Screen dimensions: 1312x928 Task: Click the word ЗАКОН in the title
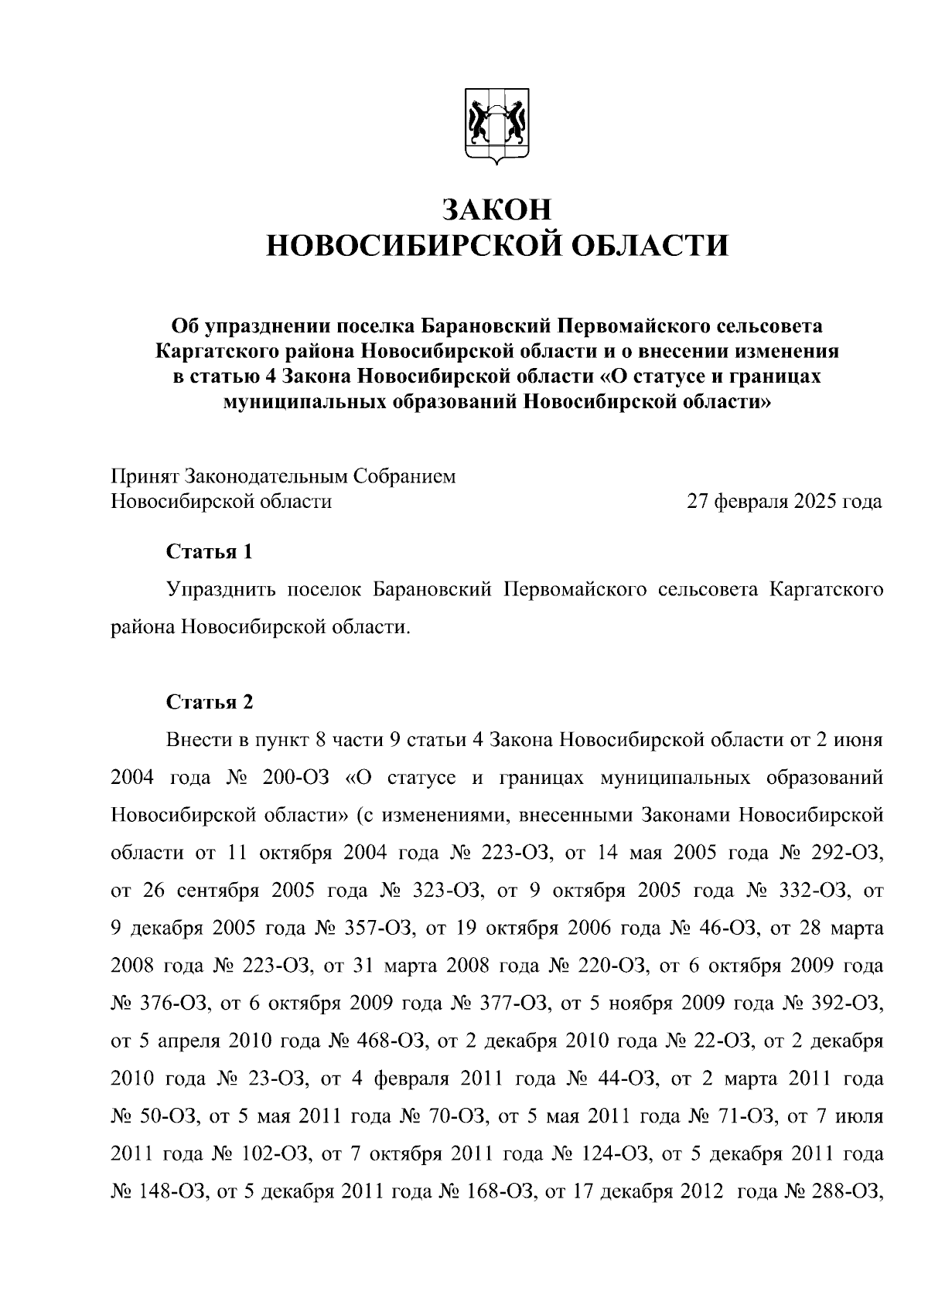[497, 210]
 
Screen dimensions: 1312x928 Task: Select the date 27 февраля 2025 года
[784, 502]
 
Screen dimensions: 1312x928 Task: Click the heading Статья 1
[210, 552]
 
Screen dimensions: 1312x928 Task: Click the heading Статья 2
[210, 702]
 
